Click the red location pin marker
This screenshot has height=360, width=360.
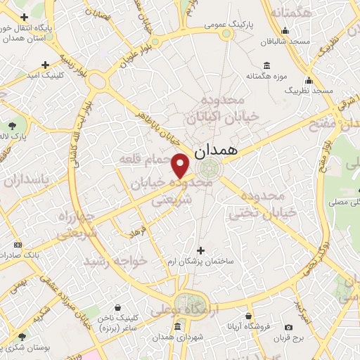coord(181,166)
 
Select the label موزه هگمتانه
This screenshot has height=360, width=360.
coord(264,75)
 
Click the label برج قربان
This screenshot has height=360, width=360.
coord(289,337)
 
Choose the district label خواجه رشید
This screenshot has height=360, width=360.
coord(117,261)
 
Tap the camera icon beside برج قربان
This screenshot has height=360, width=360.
coord(289,327)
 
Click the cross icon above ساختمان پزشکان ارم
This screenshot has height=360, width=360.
coord(201,250)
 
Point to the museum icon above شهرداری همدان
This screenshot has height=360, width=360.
coord(176,328)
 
